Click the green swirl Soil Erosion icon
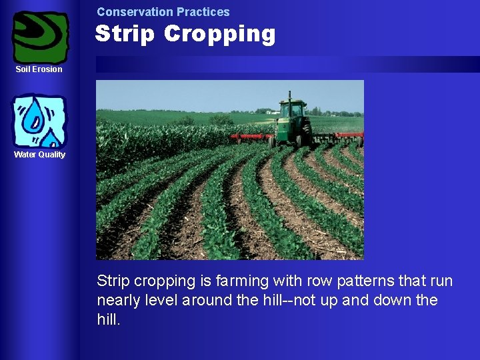[x=41, y=37]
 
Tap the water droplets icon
[x=39, y=121]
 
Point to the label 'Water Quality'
[x=40, y=155]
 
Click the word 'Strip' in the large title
[x=126, y=34]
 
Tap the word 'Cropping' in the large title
[x=220, y=34]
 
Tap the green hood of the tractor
[x=287, y=124]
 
